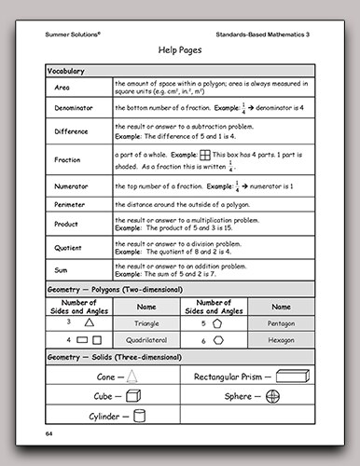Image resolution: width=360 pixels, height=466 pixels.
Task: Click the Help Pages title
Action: pyautogui.click(x=180, y=48)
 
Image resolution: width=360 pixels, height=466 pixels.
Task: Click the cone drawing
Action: pyautogui.click(x=135, y=377)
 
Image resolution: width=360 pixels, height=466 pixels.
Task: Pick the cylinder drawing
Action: pyautogui.click(x=137, y=417)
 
